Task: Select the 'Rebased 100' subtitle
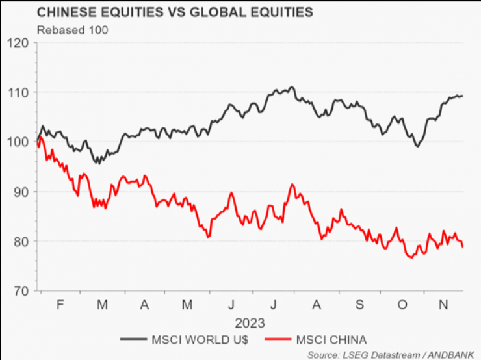click(x=72, y=29)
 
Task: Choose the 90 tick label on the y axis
click(x=21, y=192)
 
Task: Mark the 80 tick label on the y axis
click(x=21, y=241)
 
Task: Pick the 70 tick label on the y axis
click(x=21, y=290)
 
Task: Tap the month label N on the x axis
click(x=443, y=305)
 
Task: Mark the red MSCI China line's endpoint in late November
click(x=463, y=247)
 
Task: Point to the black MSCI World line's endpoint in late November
click(x=462, y=96)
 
